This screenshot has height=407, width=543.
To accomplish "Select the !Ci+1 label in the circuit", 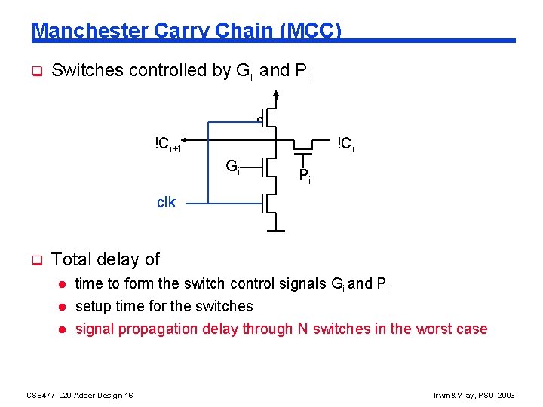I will click(168, 144).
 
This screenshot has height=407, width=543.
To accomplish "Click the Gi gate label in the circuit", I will click(233, 166).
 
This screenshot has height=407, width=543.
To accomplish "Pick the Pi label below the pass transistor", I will click(304, 177).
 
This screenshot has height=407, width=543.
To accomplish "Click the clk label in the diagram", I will click(166, 202).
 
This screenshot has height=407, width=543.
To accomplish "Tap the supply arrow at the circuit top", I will click(277, 95).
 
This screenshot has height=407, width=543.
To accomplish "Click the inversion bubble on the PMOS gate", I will click(259, 119).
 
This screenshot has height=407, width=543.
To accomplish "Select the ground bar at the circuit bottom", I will click(276, 230).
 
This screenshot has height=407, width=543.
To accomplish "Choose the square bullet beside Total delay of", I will click(35, 260).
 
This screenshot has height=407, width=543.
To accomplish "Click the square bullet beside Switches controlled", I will click(35, 72).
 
